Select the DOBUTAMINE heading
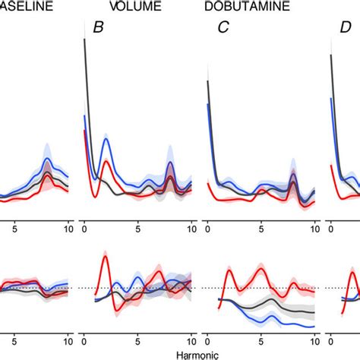tap(242, 7)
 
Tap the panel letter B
tap(98, 28)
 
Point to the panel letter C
tap(223, 28)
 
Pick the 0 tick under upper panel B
tap(84, 226)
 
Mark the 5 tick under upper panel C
tap(262, 226)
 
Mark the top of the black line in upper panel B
tap(84, 39)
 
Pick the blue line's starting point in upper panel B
tap(84, 116)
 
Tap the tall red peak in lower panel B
tap(105, 257)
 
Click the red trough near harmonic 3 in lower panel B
tap(115, 308)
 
